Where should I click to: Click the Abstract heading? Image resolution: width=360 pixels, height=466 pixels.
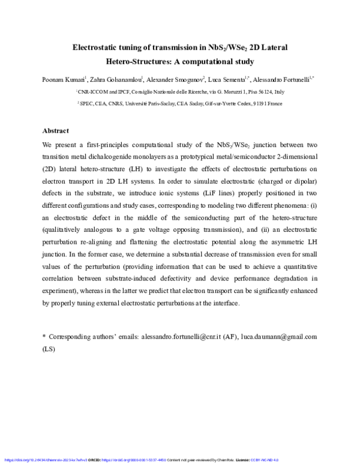(x=55, y=130)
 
